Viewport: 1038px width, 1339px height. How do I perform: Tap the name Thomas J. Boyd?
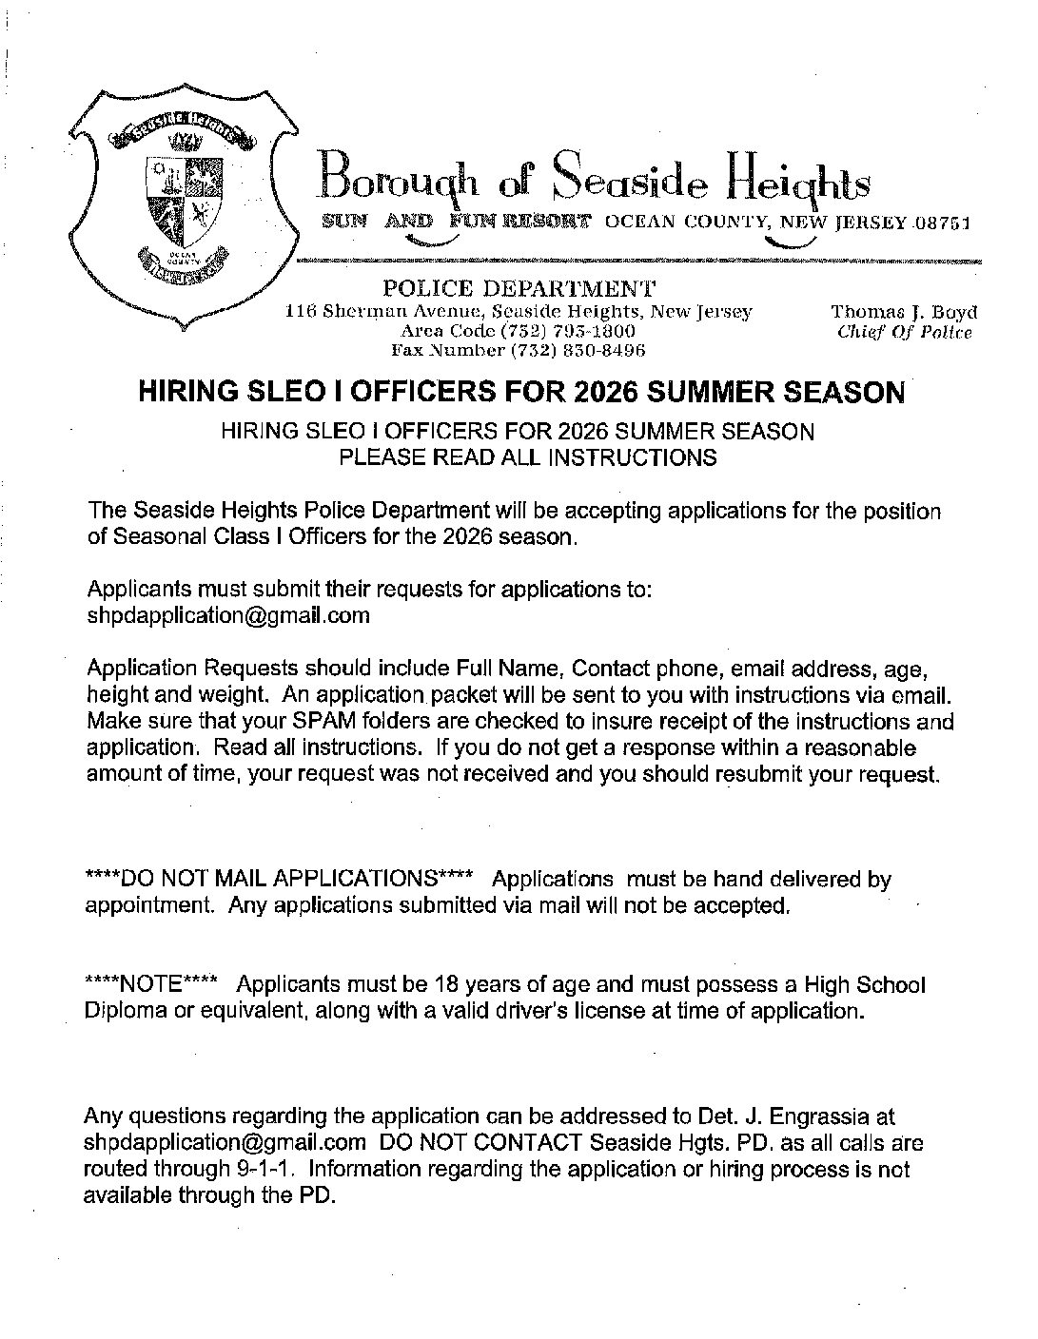coord(904,312)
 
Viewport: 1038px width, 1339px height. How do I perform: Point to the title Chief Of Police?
coord(904,332)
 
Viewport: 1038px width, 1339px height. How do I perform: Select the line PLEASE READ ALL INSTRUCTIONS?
coord(528,456)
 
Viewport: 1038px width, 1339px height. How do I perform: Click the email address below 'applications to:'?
coord(227,615)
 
